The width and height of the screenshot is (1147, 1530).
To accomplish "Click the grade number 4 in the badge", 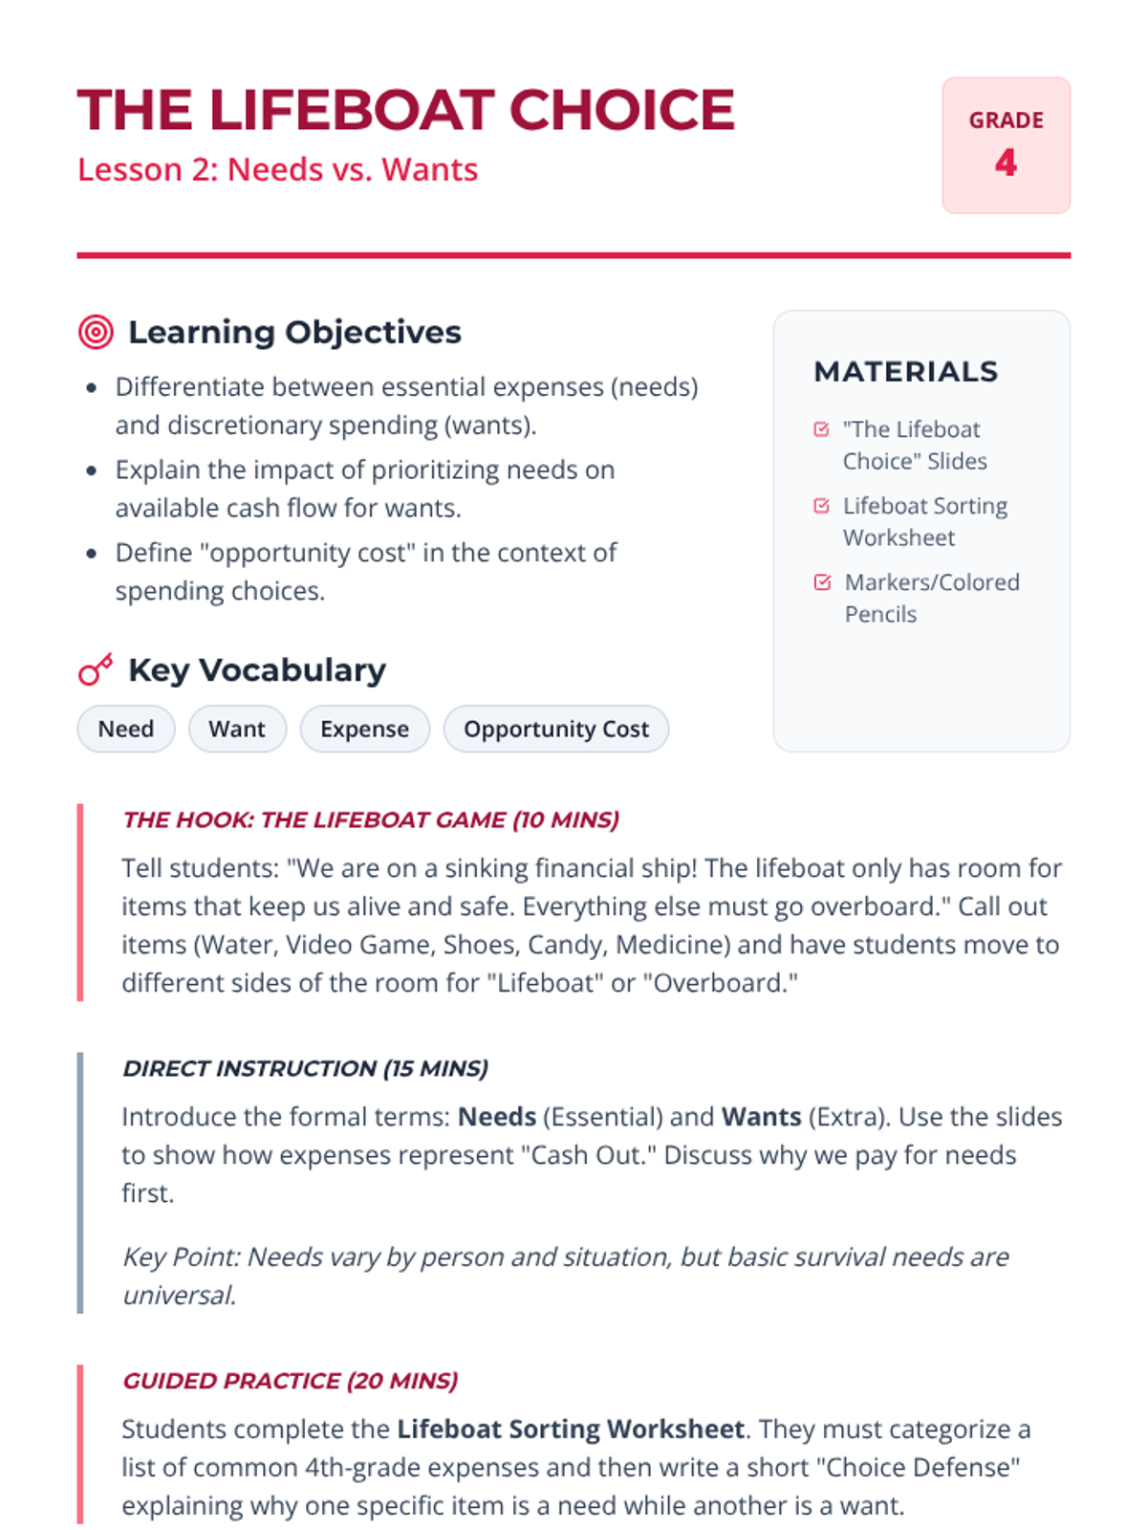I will pyautogui.click(x=1006, y=163).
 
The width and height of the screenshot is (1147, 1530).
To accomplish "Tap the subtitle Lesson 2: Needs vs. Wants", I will pyautogui.click(x=277, y=169).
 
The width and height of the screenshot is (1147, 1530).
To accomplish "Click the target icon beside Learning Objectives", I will pyautogui.click(x=96, y=332).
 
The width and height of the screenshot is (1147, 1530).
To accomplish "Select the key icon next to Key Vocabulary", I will pyautogui.click(x=96, y=669).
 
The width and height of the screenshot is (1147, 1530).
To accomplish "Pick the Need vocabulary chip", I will pyautogui.click(x=126, y=729).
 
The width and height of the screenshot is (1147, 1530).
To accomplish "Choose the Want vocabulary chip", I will pyautogui.click(x=237, y=729).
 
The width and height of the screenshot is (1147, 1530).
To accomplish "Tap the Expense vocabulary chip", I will pyautogui.click(x=364, y=729).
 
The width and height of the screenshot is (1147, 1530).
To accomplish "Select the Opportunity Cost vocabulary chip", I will pyautogui.click(x=555, y=729).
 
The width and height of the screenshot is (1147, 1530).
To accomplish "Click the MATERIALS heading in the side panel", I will pyautogui.click(x=905, y=371).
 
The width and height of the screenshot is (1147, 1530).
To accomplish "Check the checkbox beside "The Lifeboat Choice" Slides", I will pyautogui.click(x=821, y=429).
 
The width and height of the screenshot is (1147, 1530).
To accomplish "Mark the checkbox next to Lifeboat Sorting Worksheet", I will pyautogui.click(x=821, y=506).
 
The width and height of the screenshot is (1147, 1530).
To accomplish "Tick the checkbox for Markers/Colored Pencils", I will pyautogui.click(x=822, y=582).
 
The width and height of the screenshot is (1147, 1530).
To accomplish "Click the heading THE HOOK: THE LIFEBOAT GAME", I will pyautogui.click(x=371, y=820).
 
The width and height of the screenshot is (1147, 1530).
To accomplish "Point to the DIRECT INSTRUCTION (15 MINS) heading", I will pyautogui.click(x=305, y=1068).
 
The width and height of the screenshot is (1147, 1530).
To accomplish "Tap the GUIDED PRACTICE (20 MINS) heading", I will pyautogui.click(x=290, y=1381).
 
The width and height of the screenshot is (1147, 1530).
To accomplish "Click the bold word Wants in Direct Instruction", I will pyautogui.click(x=761, y=1117).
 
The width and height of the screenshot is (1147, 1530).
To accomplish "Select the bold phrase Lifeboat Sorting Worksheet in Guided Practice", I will pyautogui.click(x=571, y=1429).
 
